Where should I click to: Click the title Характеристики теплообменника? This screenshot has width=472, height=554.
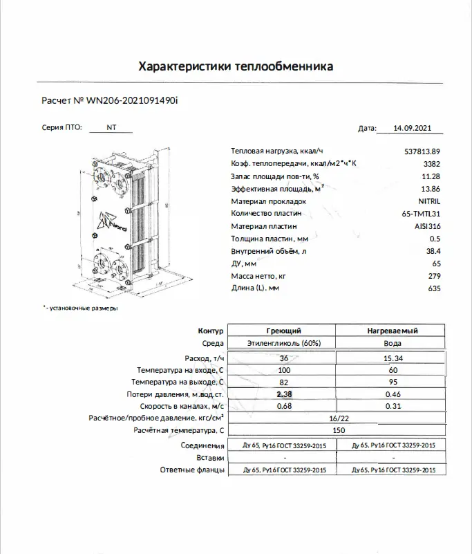[236, 67]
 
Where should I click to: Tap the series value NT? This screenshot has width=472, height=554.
[111, 128]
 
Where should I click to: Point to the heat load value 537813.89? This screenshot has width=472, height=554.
[422, 151]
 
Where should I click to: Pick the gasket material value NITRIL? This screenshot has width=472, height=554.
[428, 201]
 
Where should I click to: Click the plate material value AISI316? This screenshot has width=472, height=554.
[427, 225]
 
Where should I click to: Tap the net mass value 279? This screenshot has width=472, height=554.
[433, 275]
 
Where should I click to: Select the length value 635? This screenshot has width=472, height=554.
[433, 288]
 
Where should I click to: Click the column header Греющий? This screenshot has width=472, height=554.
[283, 331]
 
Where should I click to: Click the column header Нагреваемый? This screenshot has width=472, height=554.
[393, 331]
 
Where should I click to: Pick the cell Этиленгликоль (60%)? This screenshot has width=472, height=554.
[283, 343]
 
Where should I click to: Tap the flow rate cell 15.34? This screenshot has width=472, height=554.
[393, 358]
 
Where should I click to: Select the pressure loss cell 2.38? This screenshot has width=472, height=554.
[283, 394]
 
